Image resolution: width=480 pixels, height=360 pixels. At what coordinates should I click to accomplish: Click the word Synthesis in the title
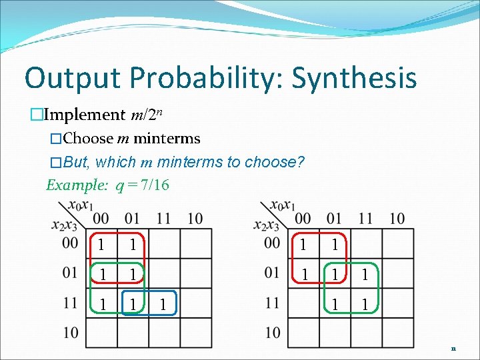354,77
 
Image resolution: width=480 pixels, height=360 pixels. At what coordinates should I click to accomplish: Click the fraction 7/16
154,185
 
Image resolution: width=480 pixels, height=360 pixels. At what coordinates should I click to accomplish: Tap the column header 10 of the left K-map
195,219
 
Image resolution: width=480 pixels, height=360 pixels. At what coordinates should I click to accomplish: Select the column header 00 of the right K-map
303,219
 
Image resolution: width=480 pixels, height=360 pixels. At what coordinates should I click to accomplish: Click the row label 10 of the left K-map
71,332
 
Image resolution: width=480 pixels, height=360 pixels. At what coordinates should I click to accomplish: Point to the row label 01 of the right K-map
272,273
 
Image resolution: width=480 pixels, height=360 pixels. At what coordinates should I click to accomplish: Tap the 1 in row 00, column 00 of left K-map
101,245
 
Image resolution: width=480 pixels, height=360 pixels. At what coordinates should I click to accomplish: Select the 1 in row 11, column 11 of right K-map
364,304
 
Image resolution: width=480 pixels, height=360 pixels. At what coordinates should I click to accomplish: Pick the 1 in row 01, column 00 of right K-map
303,274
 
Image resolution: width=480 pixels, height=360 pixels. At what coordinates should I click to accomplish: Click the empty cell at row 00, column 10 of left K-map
195,245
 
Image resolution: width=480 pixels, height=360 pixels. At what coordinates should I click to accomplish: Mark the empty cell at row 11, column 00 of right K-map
303,304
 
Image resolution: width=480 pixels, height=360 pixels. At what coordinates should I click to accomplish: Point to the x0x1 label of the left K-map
80,205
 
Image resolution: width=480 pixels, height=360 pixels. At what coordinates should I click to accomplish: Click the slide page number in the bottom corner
453,348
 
